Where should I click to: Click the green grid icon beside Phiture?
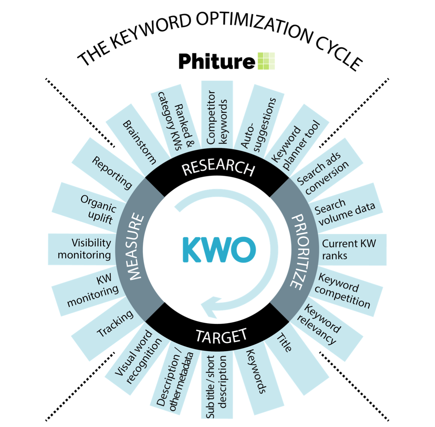pyautogui.click(x=266, y=61)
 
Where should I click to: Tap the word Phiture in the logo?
pyautogui.click(x=217, y=61)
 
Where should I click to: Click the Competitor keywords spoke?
pyautogui.click(x=217, y=117)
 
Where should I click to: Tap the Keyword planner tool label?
pyautogui.click(x=296, y=145)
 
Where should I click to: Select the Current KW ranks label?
pyautogui.click(x=348, y=250)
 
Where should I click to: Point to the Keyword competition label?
pyautogui.click(x=342, y=291)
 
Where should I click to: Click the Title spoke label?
pyautogui.click(x=284, y=343)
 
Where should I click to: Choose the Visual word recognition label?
pyautogui.click(x=138, y=357)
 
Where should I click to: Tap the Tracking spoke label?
pyautogui.click(x=115, y=323)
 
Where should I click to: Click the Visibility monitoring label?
pyautogui.click(x=84, y=249)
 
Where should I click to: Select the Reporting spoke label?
pyautogui.click(x=112, y=172)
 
